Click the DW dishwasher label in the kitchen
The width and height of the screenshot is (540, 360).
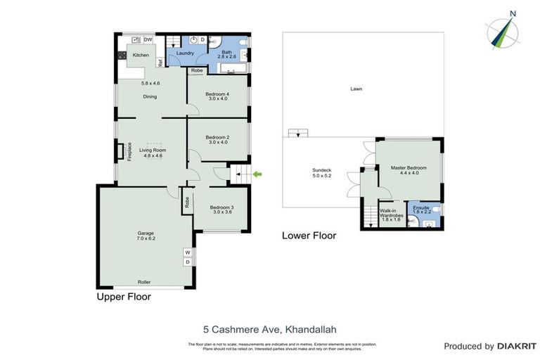(148, 40)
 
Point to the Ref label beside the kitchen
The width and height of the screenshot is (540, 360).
(160, 63)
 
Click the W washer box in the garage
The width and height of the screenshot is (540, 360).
(187, 252)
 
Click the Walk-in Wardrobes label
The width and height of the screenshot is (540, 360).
(390, 214)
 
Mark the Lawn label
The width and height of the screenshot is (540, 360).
(356, 89)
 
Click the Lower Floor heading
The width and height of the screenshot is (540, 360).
(309, 236)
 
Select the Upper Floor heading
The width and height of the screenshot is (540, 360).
(124, 297)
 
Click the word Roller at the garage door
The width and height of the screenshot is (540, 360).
(143, 282)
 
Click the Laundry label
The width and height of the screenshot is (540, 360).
(185, 53)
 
